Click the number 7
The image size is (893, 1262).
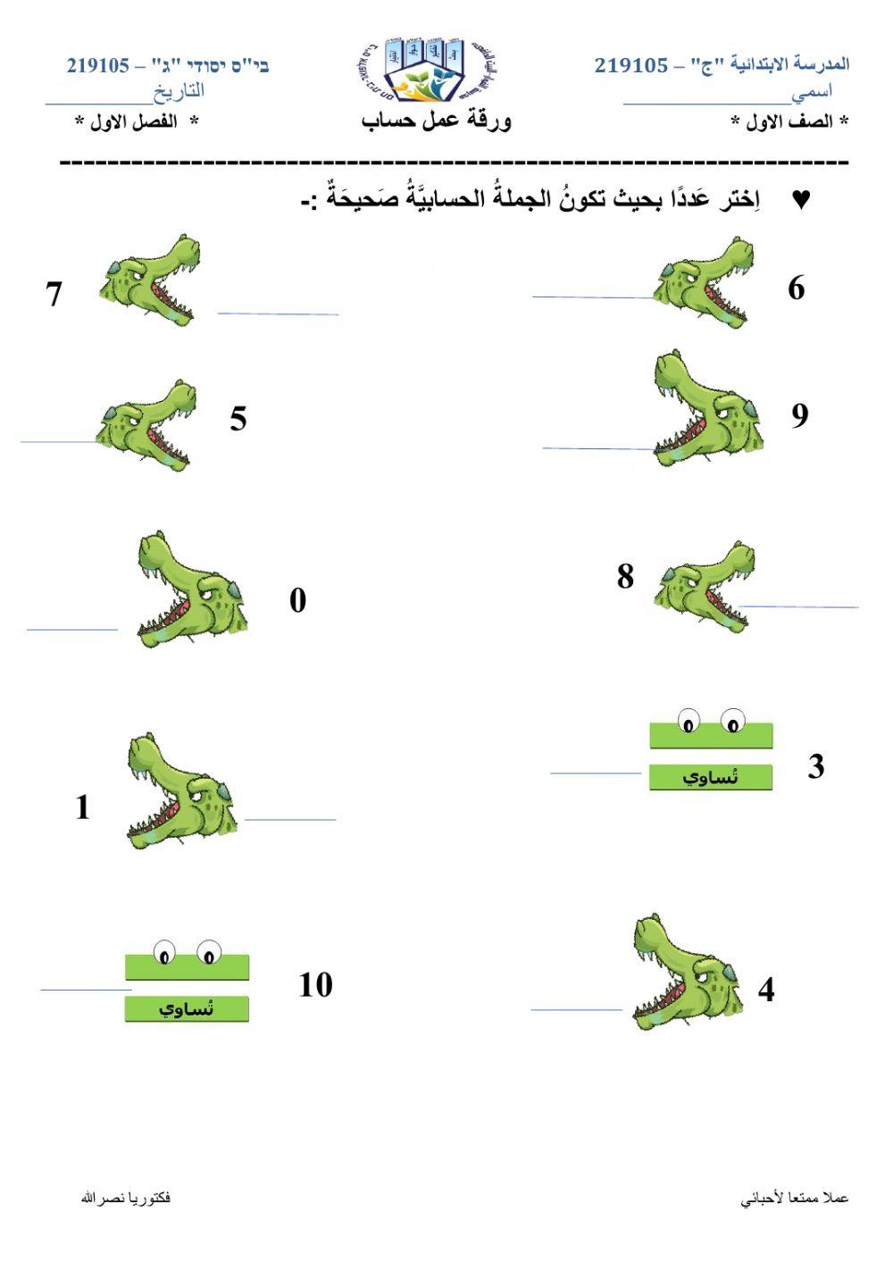point(54,294)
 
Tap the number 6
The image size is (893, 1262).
point(796,288)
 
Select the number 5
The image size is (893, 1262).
point(238,418)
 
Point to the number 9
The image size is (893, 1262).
point(799,414)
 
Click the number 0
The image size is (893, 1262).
point(297,600)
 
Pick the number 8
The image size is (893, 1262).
point(625,576)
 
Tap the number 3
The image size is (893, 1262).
point(815,766)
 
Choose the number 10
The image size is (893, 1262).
point(315,985)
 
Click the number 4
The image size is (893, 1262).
point(766,990)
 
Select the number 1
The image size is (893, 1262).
point(83,807)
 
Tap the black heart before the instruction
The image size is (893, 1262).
point(801,200)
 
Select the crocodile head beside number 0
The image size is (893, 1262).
point(190,589)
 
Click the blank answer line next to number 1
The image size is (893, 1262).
point(290,818)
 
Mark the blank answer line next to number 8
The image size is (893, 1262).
point(799,606)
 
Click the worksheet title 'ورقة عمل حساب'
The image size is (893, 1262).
point(437,121)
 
